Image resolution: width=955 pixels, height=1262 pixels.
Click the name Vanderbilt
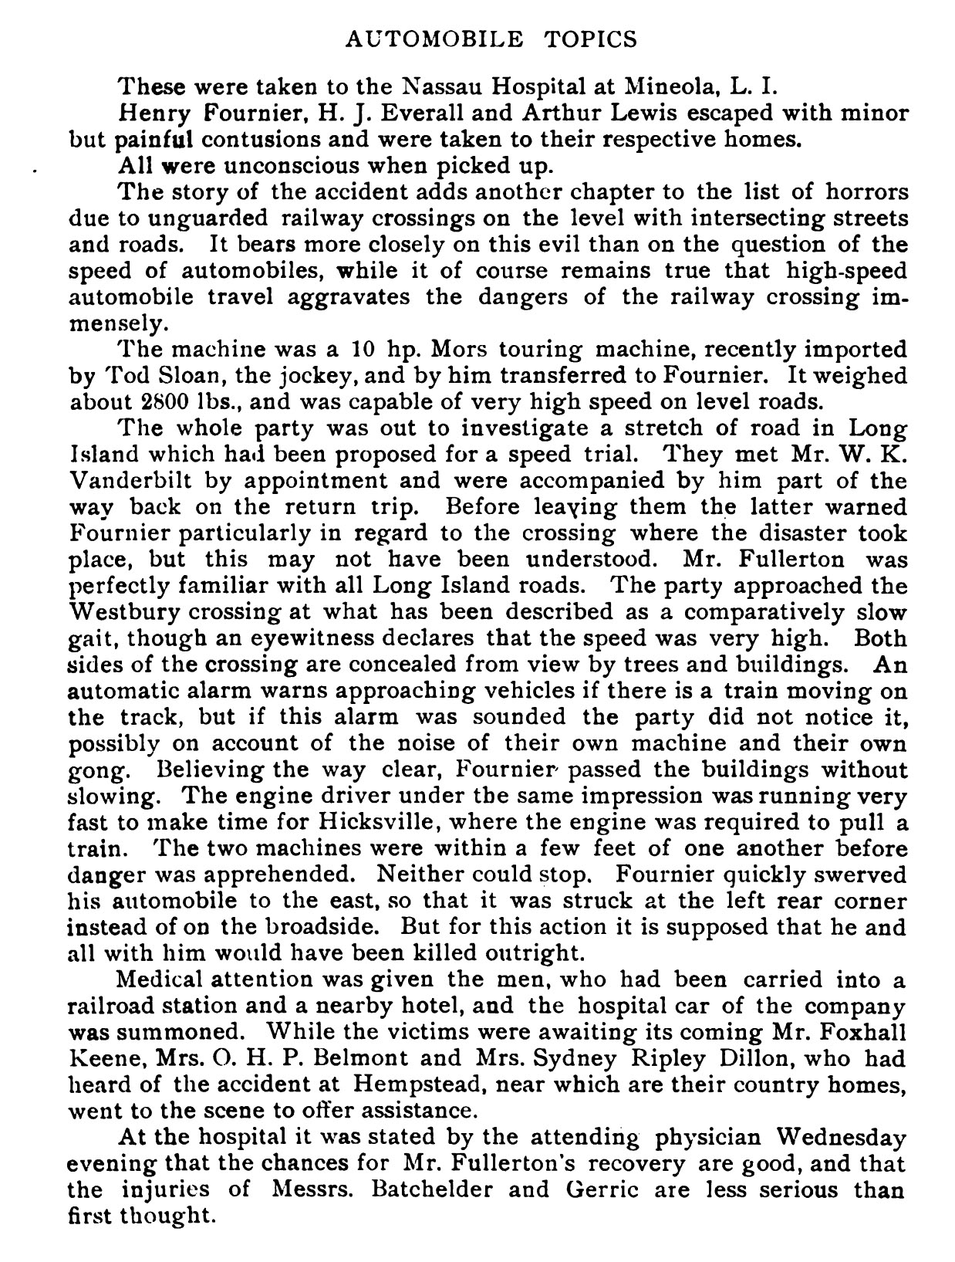click(131, 482)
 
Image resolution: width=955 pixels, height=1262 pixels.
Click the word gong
click(93, 770)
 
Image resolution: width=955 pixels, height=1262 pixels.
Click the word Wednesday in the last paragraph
click(842, 1138)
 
